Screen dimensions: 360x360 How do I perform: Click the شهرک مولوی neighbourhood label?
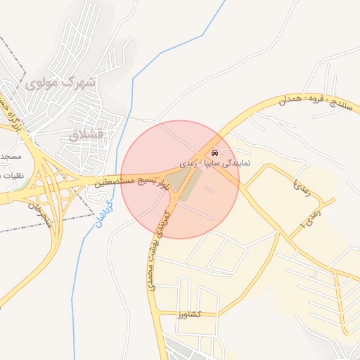coord(59,82)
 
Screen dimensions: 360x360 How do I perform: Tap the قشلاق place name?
coord(88,133)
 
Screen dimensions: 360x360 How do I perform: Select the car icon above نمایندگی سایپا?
coord(214,153)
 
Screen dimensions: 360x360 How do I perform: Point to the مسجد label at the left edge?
coord(10,155)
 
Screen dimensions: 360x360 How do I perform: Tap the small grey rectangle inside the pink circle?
coord(209,188)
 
